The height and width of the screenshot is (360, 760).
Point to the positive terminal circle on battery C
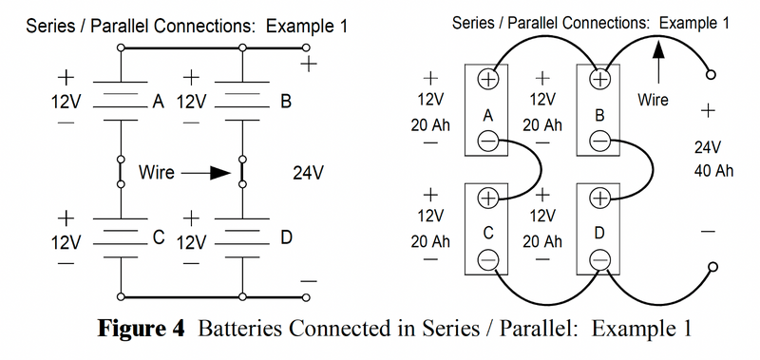(x=486, y=198)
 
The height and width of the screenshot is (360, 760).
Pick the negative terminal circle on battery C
(x=486, y=258)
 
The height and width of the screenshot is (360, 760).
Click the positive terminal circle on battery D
(x=599, y=198)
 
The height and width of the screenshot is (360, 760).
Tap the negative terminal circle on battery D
(x=599, y=258)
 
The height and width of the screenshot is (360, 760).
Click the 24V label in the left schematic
(x=309, y=174)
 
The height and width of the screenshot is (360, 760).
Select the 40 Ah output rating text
(x=708, y=170)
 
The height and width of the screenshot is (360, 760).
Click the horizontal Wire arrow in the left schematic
(x=206, y=174)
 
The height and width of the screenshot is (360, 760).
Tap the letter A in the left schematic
(x=159, y=101)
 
